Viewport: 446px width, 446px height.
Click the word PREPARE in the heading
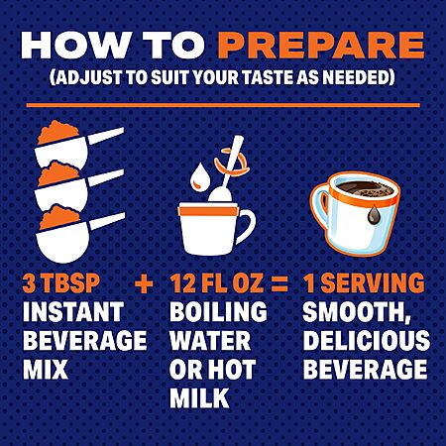[x=320, y=46]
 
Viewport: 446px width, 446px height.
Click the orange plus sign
[x=144, y=284]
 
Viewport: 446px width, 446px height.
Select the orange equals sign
[x=279, y=284]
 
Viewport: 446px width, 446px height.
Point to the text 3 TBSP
[x=61, y=283]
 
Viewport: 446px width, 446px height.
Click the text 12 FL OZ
[x=217, y=283]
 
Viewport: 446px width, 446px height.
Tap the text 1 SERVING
[x=364, y=283]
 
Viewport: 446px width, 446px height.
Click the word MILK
[x=199, y=397]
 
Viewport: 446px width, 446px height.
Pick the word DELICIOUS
[x=367, y=341]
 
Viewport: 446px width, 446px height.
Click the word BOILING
[x=218, y=312]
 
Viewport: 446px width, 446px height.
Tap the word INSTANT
[x=73, y=312]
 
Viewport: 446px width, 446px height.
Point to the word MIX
[x=46, y=369]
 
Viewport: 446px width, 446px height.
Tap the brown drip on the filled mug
[x=374, y=214]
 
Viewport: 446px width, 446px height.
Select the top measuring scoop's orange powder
[x=58, y=132]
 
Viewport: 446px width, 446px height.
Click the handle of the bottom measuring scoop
[x=107, y=221]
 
